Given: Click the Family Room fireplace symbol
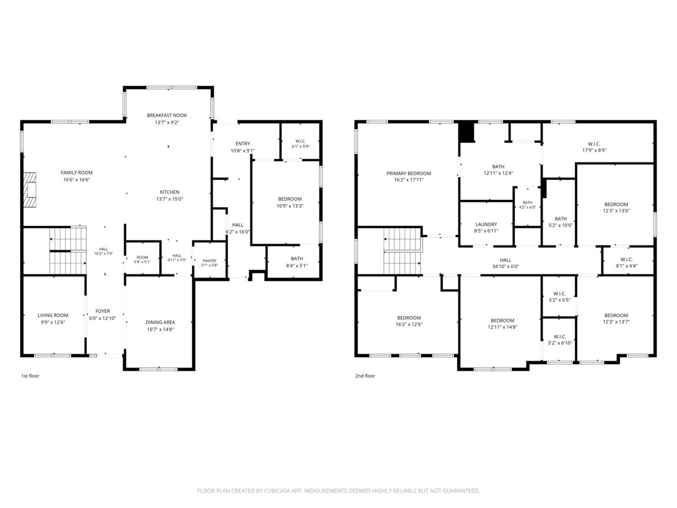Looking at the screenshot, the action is click(x=30, y=190).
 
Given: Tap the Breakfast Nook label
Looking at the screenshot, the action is click(x=167, y=115).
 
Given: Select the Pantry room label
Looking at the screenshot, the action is click(x=209, y=261).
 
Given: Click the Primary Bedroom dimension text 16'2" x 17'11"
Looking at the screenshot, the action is click(x=408, y=180).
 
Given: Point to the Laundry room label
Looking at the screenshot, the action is click(x=486, y=224).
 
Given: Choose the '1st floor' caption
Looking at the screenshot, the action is click(x=30, y=376).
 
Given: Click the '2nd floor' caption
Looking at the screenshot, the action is click(x=365, y=376).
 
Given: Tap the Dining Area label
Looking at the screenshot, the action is click(x=160, y=322).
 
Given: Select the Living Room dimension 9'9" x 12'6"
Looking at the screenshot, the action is click(x=52, y=322).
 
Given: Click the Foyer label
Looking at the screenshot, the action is click(x=103, y=311).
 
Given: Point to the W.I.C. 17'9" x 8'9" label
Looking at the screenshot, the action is click(x=594, y=147).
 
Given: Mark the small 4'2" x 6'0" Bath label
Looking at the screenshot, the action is click(x=527, y=205).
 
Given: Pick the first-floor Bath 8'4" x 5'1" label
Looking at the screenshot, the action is click(x=297, y=262).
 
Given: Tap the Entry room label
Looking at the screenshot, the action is click(x=243, y=144).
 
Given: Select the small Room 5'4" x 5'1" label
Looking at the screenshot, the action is click(x=142, y=260).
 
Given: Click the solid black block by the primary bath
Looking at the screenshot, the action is click(x=467, y=132).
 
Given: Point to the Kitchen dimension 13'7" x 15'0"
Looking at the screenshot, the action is click(x=170, y=199).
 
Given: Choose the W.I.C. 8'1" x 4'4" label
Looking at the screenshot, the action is click(x=627, y=263).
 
